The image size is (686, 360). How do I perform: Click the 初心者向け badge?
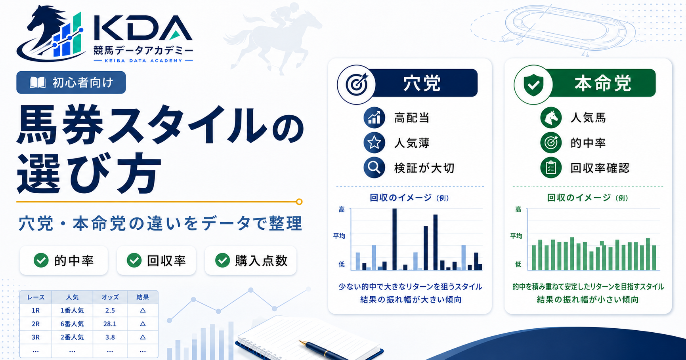point(71,82)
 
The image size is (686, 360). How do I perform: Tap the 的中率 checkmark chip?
point(64,260)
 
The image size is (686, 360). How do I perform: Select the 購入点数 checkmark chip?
point(250,260)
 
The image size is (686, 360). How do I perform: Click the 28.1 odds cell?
point(110,324)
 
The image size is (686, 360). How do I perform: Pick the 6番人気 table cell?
point(72,324)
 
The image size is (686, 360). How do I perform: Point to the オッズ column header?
point(110,297)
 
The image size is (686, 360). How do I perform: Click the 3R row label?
point(36,337)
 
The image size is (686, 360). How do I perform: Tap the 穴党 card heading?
point(422,83)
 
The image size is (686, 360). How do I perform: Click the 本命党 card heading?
point(602,83)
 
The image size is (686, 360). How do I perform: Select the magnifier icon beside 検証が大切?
point(374,168)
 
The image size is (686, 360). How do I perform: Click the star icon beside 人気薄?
point(374,143)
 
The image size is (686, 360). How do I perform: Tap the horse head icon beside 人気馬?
point(551,118)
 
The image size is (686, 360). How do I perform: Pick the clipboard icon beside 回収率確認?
point(551,168)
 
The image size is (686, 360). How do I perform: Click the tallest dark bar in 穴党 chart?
point(394,239)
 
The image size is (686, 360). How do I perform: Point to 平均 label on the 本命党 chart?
point(516,236)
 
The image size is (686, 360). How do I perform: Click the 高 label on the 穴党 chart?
point(342,210)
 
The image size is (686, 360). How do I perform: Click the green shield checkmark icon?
point(533,84)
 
